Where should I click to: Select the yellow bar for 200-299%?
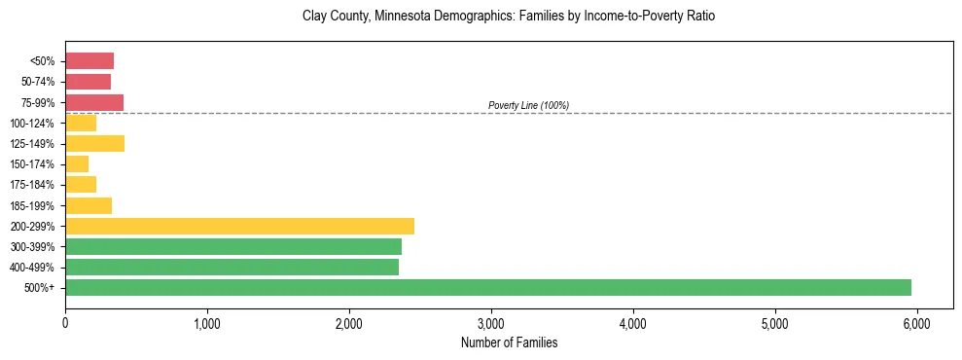(239, 226)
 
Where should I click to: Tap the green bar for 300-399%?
(233, 246)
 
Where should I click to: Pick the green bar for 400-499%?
(232, 267)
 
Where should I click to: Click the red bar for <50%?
(89, 60)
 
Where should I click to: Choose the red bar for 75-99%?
(94, 102)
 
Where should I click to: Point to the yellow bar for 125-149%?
(94, 143)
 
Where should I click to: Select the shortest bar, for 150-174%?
(77, 163)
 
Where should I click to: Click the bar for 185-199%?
(89, 205)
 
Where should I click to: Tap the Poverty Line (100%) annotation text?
(528, 105)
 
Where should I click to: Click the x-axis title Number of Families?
(509, 342)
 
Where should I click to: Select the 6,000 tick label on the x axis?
(917, 323)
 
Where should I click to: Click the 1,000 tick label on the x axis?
(207, 323)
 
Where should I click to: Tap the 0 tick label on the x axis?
(65, 323)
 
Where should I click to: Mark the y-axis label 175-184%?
(33, 185)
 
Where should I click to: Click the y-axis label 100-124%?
(33, 124)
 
